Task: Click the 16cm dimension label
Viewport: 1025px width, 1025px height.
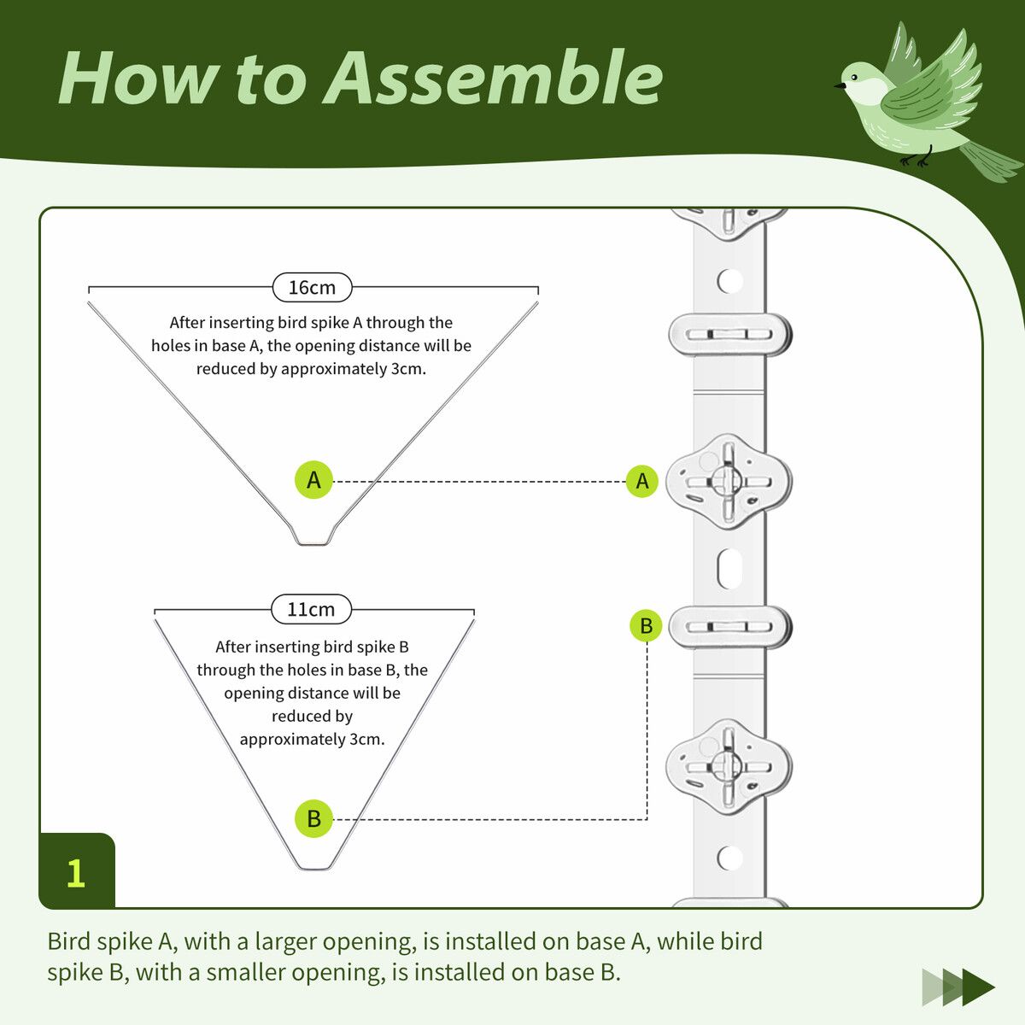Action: coord(312,288)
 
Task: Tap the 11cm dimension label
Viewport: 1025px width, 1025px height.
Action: coord(311,610)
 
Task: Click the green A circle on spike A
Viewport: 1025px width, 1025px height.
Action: coord(313,480)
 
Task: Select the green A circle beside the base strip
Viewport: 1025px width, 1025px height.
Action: coord(642,481)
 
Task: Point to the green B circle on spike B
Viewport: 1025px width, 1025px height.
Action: coord(313,818)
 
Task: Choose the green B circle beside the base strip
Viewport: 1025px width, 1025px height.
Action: coord(646,626)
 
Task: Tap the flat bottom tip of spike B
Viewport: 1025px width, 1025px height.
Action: coord(313,867)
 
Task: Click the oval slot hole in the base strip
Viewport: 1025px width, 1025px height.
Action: coord(729,568)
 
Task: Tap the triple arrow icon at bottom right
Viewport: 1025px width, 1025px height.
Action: coord(958,987)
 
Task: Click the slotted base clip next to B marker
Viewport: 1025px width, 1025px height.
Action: coord(729,627)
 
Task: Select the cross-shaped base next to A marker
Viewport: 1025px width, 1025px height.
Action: coord(729,481)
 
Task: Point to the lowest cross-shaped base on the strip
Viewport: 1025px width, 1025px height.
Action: coord(729,765)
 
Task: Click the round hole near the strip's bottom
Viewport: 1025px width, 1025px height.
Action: coord(729,857)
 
